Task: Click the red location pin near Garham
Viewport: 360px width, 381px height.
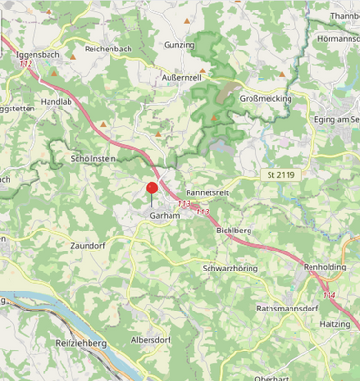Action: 151,188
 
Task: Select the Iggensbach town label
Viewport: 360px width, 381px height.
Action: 38,55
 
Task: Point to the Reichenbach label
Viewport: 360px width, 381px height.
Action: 108,49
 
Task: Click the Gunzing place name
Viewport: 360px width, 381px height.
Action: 179,45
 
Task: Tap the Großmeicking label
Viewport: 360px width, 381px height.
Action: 265,98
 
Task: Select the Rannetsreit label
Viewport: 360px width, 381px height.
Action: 210,191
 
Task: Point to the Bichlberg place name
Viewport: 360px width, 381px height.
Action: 233,231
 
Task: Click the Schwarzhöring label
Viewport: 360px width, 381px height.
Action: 230,269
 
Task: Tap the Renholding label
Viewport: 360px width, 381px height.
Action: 325,268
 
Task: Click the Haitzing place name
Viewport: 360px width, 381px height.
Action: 334,322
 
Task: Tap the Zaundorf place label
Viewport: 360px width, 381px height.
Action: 88,245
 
